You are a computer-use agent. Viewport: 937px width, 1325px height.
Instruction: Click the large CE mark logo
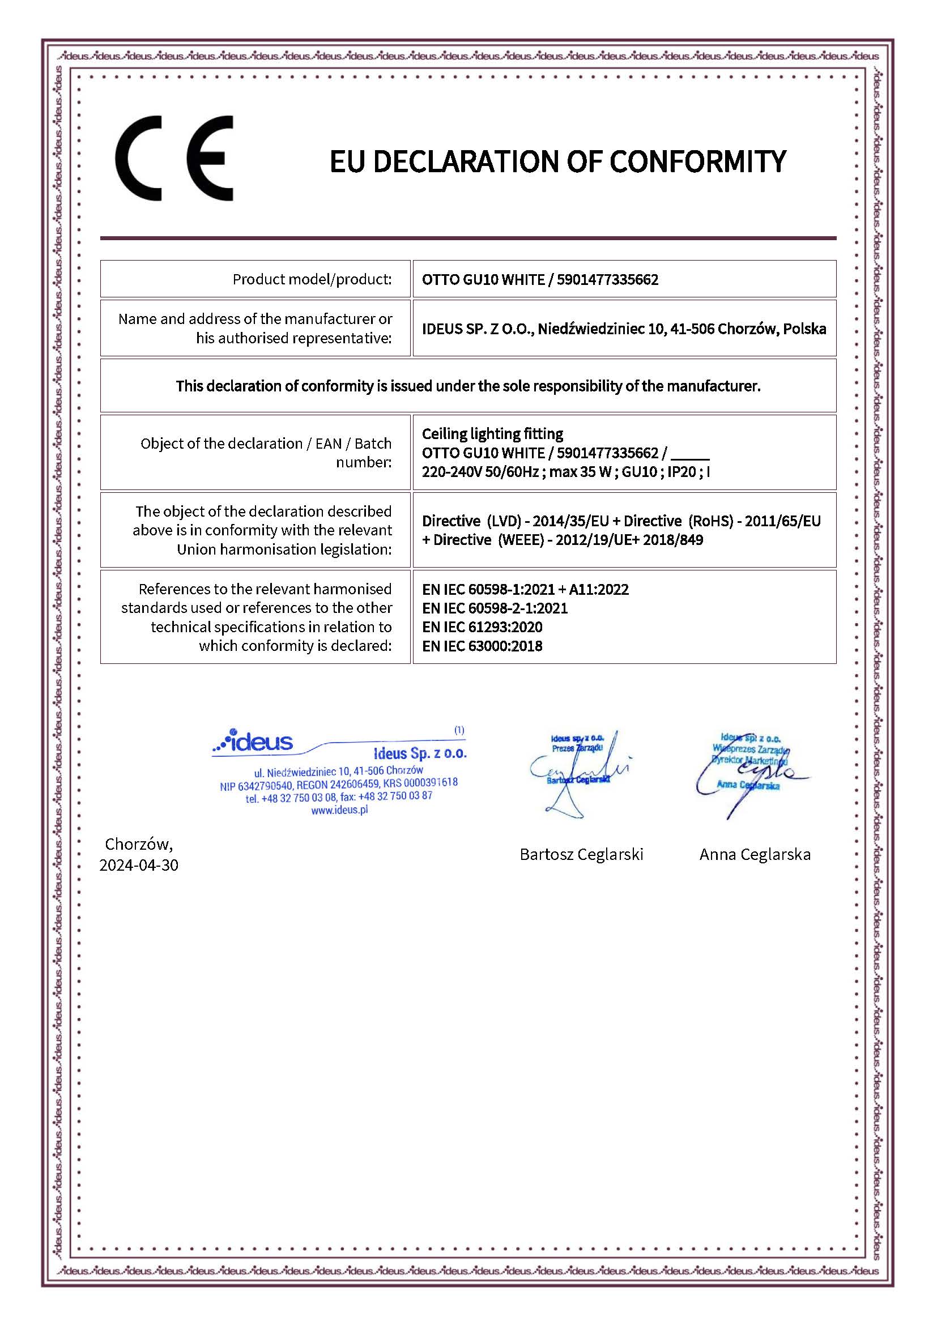pyautogui.click(x=174, y=158)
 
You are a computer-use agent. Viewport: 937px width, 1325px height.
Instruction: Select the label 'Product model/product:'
pyautogui.click(x=312, y=279)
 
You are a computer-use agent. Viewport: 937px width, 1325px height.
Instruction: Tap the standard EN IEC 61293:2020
pyautogui.click(x=482, y=627)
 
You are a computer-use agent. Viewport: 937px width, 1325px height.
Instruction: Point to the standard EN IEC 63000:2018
pyautogui.click(x=482, y=646)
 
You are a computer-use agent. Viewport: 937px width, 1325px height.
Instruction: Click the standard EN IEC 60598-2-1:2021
pyautogui.click(x=495, y=608)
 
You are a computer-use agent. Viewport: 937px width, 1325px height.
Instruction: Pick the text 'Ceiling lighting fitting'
pyautogui.click(x=492, y=433)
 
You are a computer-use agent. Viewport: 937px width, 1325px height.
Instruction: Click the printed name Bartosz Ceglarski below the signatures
pyautogui.click(x=581, y=854)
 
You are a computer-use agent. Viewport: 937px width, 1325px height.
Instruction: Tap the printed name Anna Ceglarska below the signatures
pyautogui.click(x=755, y=854)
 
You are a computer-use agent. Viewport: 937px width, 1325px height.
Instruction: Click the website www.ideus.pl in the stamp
pyautogui.click(x=339, y=810)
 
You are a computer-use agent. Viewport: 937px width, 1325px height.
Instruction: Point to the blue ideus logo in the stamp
pyautogui.click(x=254, y=742)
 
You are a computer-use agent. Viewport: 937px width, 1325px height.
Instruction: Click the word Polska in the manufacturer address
pyautogui.click(x=804, y=329)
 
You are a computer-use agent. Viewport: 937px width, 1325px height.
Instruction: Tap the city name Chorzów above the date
pyautogui.click(x=138, y=844)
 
